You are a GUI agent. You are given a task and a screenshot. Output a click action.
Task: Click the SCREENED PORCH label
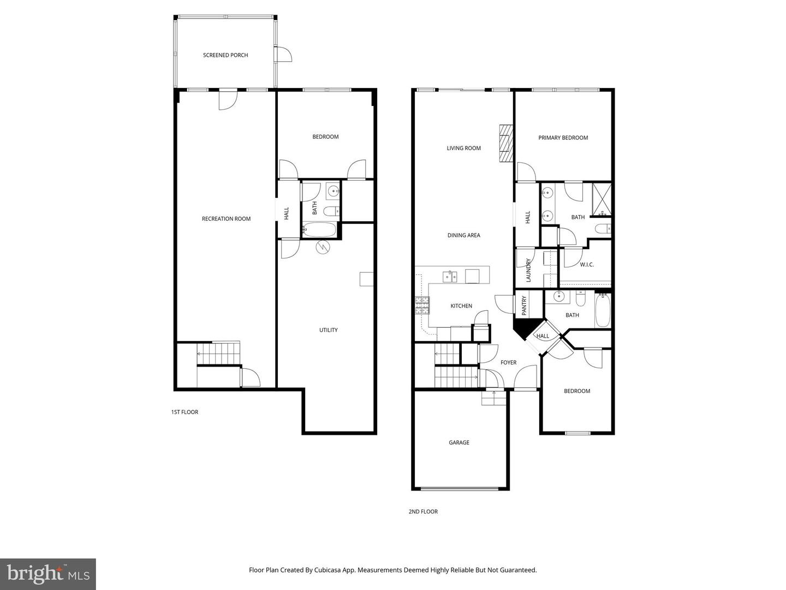point(225,55)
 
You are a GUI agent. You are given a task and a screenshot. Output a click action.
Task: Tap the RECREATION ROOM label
point(226,219)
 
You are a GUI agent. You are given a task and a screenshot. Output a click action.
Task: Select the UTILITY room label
point(328,330)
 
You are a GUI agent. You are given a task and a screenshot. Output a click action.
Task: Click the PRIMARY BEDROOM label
point(563,138)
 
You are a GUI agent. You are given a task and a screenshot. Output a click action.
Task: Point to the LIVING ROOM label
point(463,148)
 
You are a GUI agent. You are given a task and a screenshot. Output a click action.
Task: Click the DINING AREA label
point(463,235)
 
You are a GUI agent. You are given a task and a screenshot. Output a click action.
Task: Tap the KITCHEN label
point(461,306)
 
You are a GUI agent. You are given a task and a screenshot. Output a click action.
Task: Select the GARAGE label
point(459,442)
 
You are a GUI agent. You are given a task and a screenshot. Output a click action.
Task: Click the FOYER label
point(508,362)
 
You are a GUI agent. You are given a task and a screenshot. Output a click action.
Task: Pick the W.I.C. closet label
point(587,264)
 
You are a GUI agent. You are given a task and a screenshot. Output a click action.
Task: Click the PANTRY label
point(524,305)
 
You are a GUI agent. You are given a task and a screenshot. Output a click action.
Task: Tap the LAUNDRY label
point(528,270)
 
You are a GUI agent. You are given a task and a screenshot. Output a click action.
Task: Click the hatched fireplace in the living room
point(506,143)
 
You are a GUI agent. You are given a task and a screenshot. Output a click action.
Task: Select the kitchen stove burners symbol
point(422,305)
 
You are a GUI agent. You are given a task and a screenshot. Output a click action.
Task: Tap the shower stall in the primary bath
point(602,199)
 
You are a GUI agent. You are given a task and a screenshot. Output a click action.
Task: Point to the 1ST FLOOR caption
point(184,412)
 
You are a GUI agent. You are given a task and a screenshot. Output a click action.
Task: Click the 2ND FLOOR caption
point(423,512)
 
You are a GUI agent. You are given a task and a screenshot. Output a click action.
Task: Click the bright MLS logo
point(48,574)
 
